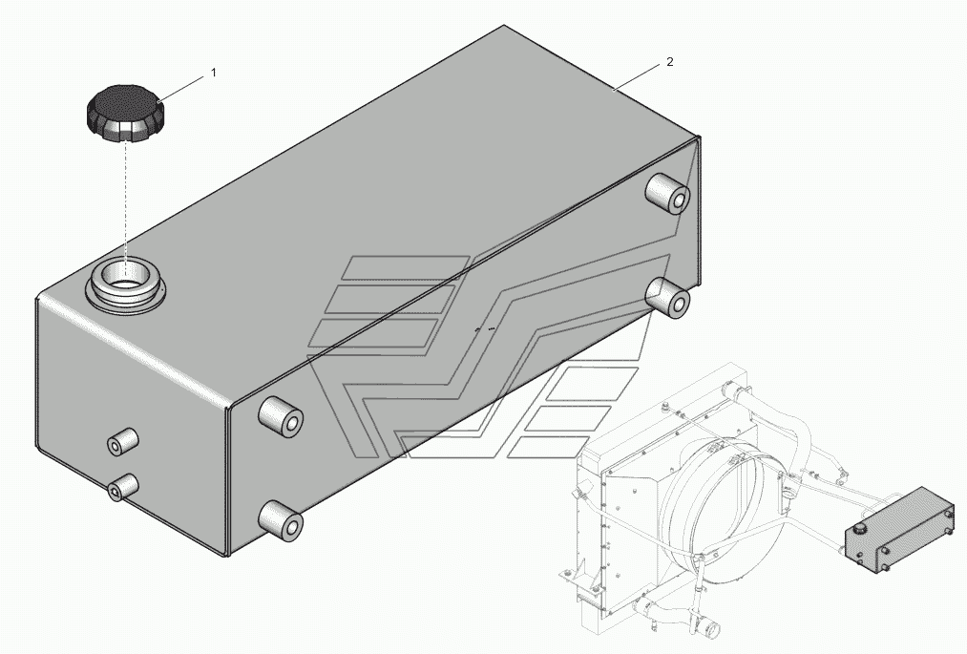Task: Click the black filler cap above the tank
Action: point(125,115)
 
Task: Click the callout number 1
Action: point(214,73)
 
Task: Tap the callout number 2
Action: point(670,62)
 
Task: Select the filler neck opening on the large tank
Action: point(126,285)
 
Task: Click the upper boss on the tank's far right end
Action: point(666,193)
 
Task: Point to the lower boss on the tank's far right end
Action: point(667,297)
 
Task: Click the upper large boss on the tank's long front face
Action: point(281,416)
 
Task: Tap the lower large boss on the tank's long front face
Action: point(281,520)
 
